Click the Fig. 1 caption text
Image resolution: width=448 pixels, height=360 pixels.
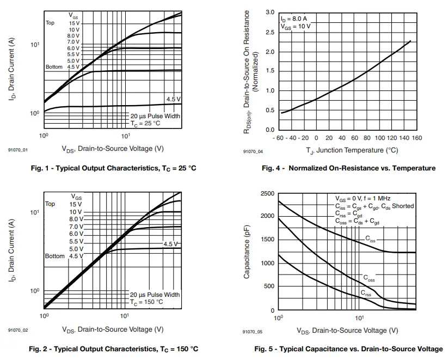click(113, 168)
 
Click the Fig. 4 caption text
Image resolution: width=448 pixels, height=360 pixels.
click(348, 168)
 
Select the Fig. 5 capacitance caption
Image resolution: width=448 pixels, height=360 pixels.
click(348, 349)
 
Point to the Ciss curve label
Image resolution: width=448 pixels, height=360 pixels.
click(370, 239)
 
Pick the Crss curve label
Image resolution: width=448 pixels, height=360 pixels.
click(366, 294)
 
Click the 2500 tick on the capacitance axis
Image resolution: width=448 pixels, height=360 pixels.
click(267, 194)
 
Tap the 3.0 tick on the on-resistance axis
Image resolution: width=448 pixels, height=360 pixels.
click(270, 12)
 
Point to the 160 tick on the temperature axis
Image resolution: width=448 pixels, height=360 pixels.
click(416, 138)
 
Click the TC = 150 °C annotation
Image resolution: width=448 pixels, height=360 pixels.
click(146, 302)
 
